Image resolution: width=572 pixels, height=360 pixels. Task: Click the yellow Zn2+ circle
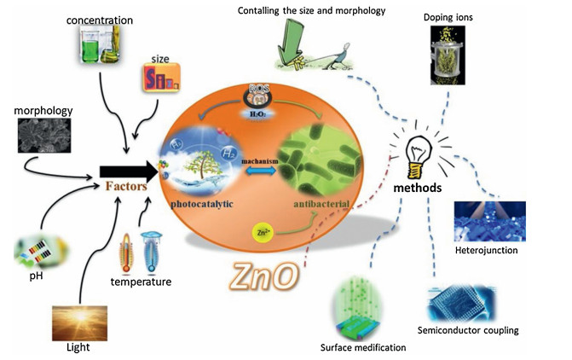(262, 231)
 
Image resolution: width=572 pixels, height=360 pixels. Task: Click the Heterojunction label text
(486, 250)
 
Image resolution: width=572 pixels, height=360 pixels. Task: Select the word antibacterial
(321, 202)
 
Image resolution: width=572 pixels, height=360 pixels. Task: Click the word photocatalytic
(204, 204)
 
